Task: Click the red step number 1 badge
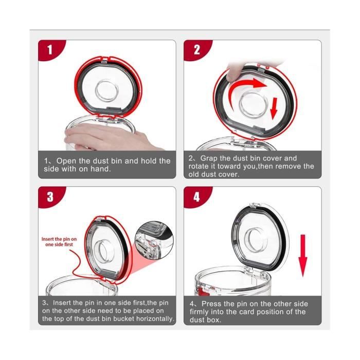coord(50,50)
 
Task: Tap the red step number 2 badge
coord(196,50)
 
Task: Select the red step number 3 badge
coord(50,197)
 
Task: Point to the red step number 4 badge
coord(196,197)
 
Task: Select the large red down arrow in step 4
coord(303,252)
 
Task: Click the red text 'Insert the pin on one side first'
coord(59,241)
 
